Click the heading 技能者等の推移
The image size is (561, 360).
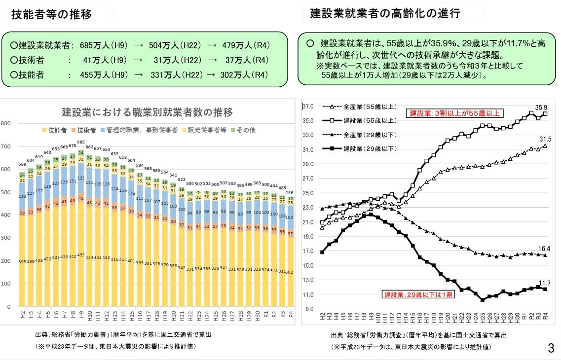pos(52,14)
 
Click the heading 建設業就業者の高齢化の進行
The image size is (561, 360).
pos(385,13)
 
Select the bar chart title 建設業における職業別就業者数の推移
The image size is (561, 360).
pos(147,112)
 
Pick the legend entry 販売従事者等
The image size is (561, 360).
pos(204,130)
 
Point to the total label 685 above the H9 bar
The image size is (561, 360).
pos(81,142)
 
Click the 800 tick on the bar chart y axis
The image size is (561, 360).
pos(5,123)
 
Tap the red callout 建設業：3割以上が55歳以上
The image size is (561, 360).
pos(454,113)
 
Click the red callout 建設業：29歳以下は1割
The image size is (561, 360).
pos(414,295)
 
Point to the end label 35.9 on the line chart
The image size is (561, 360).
pos(541,108)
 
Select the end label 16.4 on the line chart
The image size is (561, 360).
pos(545,249)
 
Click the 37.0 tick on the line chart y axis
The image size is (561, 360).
pos(308,107)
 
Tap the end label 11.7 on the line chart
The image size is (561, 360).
pos(545,283)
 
